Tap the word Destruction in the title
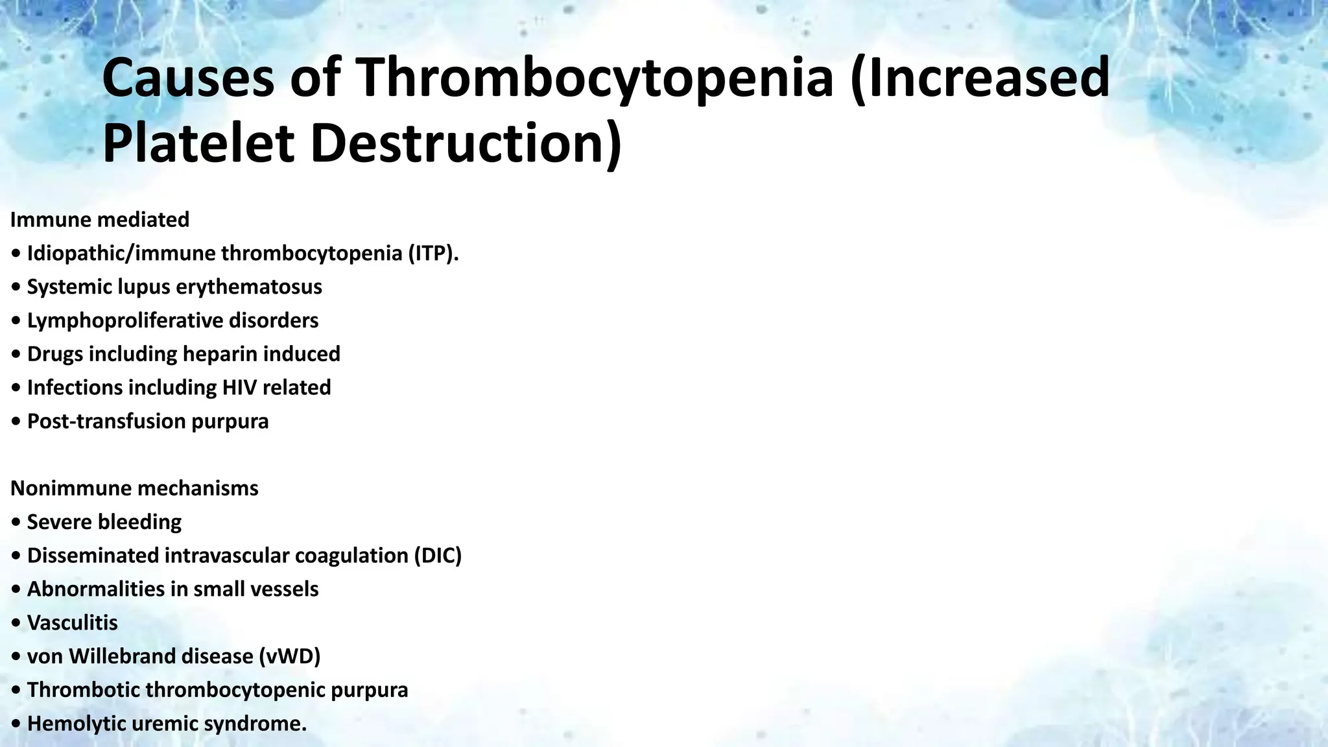466,144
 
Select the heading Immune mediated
100,220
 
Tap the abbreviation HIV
240,388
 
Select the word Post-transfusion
106,421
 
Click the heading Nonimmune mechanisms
134,488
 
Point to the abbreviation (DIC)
437,556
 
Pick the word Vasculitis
72,623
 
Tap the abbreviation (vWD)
290,656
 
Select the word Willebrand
123,656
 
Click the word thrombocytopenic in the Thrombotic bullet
235,690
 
